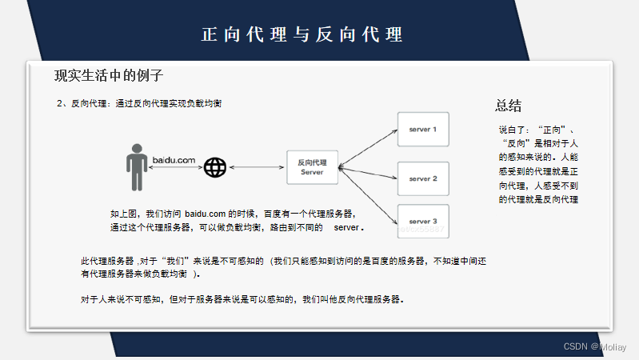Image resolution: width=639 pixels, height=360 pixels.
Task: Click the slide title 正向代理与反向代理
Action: pos(302,35)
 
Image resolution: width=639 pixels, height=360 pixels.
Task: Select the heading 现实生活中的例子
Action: pos(109,76)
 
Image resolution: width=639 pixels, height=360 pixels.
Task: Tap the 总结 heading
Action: pos(509,106)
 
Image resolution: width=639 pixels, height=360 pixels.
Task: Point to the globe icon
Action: pos(214,168)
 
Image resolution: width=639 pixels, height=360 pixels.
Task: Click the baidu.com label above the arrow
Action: pos(174,161)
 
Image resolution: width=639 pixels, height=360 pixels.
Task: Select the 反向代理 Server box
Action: pos(312,167)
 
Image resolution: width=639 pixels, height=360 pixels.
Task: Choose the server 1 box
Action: pos(423,129)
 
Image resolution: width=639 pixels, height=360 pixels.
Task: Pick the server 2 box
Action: pos(423,178)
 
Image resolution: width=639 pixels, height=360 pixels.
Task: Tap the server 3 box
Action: pos(423,221)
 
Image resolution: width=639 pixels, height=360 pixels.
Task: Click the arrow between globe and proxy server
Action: pos(257,168)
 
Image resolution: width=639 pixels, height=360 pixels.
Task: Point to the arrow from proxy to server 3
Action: pos(368,193)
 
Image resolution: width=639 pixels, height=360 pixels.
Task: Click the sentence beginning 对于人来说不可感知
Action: pos(242,300)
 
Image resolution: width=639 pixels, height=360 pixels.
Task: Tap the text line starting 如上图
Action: pos(232,214)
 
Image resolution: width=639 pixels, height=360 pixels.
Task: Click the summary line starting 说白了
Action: pos(537,129)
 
